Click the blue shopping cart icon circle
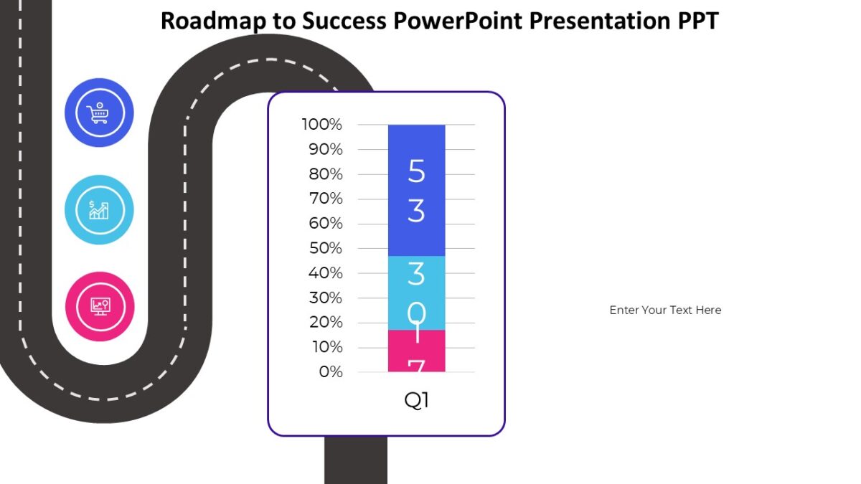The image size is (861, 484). tap(99, 113)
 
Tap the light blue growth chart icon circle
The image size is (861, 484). tap(99, 209)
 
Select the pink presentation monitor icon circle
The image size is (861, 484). tap(99, 306)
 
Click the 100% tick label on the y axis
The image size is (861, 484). tap(322, 125)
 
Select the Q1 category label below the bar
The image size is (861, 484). tap(416, 400)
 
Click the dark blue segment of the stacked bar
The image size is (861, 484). tap(416, 190)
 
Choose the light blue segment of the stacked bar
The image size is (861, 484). tap(416, 293)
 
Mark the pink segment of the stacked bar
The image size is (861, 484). tap(416, 351)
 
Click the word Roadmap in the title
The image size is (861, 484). tap(213, 21)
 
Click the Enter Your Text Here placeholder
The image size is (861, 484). tap(665, 310)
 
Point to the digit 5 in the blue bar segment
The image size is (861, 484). tap(416, 171)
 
